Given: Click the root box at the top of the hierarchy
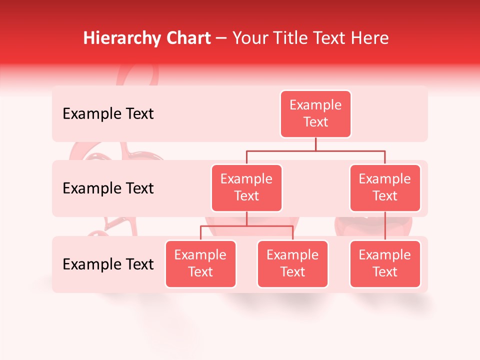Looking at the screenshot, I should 315,114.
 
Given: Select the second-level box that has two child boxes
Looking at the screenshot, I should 246,188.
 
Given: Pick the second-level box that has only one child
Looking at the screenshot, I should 385,188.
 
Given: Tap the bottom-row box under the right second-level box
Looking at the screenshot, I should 385,264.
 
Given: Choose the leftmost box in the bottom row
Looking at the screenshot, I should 200,264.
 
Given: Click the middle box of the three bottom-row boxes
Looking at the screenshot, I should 292,264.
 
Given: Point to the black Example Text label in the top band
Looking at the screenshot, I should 108,114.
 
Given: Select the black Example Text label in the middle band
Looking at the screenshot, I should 108,188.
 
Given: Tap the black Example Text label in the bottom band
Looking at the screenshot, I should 108,264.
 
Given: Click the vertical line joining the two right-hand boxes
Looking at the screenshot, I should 385,226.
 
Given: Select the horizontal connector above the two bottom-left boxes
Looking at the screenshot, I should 246,226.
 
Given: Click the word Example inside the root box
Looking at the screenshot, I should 315,105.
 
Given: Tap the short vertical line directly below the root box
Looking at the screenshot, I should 315,144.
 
